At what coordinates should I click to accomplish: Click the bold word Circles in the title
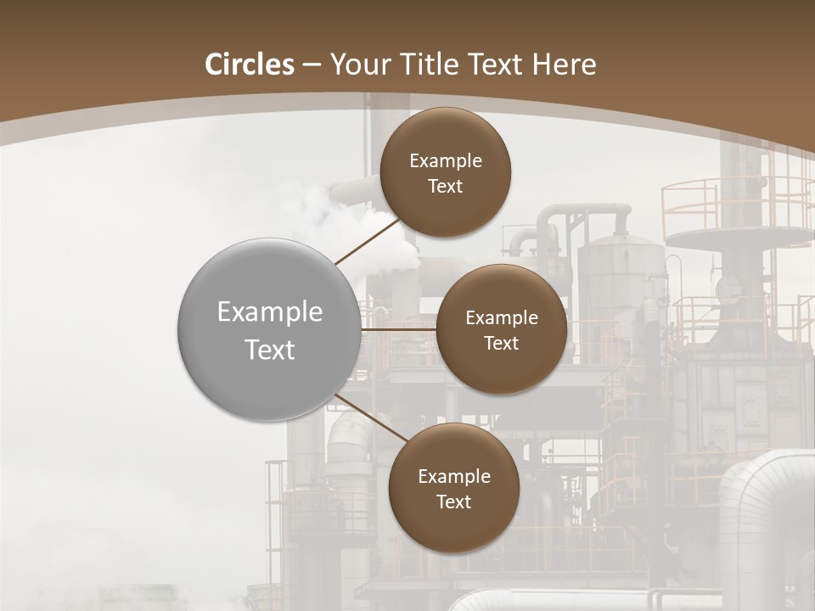tap(249, 64)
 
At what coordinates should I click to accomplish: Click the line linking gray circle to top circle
tap(367, 241)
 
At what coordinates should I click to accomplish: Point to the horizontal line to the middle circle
tap(398, 328)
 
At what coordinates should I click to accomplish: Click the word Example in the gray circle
tap(270, 312)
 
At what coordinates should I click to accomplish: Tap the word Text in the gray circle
tap(270, 350)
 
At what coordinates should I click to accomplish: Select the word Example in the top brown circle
tap(445, 161)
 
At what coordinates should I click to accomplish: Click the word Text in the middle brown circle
tap(501, 344)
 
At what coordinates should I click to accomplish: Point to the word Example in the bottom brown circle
tap(453, 477)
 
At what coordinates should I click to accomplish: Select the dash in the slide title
tap(312, 65)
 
